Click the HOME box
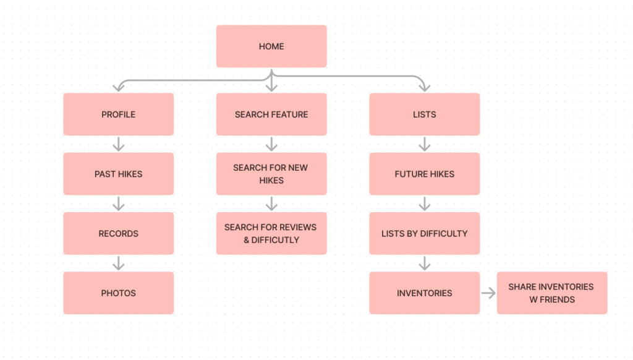click(x=271, y=46)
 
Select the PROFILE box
click(x=118, y=114)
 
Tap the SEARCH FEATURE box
click(x=271, y=114)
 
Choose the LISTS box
click(x=424, y=114)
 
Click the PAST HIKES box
click(x=118, y=174)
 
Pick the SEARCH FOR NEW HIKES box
click(x=271, y=174)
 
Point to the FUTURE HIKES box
click(x=424, y=174)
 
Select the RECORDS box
click(x=118, y=233)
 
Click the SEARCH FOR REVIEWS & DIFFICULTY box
click(x=271, y=233)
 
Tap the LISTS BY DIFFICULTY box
click(x=424, y=233)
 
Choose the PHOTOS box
click(x=118, y=293)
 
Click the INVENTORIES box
click(x=424, y=293)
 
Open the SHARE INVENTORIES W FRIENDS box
click(x=551, y=293)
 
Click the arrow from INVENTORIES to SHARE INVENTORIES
click(x=488, y=293)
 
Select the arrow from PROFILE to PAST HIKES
click(x=119, y=144)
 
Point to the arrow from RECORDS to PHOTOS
click(x=119, y=264)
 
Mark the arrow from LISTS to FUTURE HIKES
click(x=424, y=144)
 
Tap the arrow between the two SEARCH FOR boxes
click(x=271, y=204)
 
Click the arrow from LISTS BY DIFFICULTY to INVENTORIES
click(x=424, y=264)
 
